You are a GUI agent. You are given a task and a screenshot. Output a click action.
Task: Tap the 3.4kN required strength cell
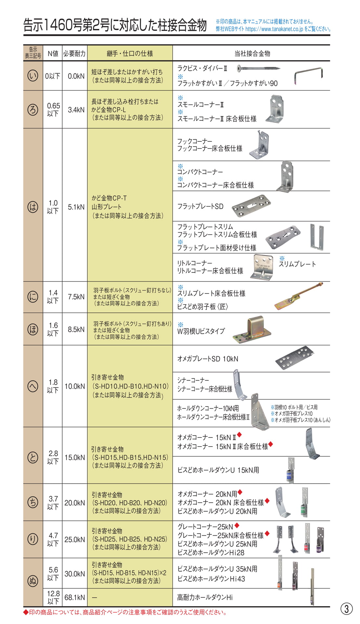(x=76, y=110)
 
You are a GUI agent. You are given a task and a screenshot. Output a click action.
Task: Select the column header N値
(x=53, y=54)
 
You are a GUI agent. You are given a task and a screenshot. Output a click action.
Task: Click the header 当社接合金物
(x=252, y=54)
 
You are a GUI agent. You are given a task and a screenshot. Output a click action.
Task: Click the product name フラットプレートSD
(x=200, y=206)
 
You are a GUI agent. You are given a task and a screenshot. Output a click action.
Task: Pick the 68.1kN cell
(x=75, y=597)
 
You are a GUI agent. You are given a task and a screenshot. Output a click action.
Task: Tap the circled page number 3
(x=346, y=608)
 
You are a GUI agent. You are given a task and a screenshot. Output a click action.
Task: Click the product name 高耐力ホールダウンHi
(x=205, y=597)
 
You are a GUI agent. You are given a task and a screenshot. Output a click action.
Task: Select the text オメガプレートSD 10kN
(x=208, y=359)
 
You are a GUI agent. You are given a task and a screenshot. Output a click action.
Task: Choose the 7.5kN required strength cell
(x=76, y=297)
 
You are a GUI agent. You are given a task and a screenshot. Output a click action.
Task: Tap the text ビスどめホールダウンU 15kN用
(x=218, y=470)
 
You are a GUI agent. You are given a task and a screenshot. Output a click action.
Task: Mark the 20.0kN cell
(x=75, y=503)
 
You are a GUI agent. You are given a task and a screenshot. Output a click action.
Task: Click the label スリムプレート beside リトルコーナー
(x=297, y=264)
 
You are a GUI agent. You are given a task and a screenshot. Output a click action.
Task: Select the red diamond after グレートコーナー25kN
(x=237, y=526)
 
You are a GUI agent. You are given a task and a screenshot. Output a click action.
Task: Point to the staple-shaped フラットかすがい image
(x=308, y=76)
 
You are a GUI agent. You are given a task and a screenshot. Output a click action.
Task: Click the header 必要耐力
(x=74, y=54)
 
